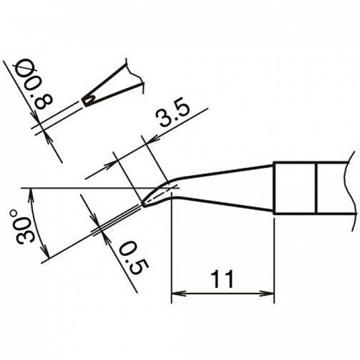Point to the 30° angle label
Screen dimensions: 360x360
click(22, 227)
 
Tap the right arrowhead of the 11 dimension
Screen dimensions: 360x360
click(267, 293)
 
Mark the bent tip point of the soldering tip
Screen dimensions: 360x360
click(143, 204)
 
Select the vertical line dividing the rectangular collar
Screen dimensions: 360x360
click(317, 188)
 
